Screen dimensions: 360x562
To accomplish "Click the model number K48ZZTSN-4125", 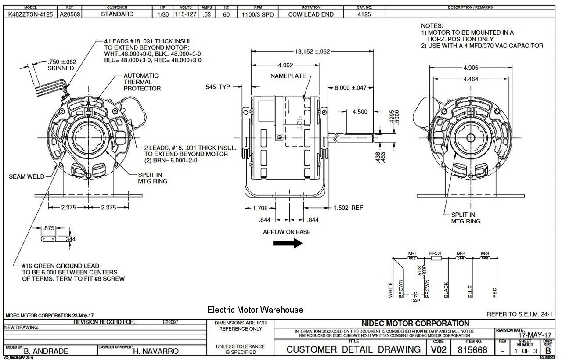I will (x=31, y=14).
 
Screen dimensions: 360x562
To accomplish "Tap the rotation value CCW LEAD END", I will (x=311, y=14).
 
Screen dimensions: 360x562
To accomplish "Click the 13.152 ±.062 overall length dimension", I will (x=312, y=51).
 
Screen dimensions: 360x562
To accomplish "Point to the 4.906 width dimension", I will (x=471, y=68).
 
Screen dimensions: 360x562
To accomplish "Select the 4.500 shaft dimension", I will (x=360, y=112).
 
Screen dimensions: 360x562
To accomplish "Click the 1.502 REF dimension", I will (x=348, y=208).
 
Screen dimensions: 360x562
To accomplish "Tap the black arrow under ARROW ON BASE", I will (x=288, y=243).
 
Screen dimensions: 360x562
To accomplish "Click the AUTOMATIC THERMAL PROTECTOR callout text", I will (x=142, y=82).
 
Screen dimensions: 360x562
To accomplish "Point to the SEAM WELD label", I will (x=27, y=176).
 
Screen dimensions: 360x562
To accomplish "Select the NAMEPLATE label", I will (x=288, y=76).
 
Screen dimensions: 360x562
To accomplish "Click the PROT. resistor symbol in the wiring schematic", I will (x=436, y=259).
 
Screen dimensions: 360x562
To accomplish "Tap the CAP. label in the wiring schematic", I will (x=416, y=301).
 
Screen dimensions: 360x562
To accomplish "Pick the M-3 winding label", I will (x=485, y=253).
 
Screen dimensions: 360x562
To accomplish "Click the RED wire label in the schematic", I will (x=495, y=292).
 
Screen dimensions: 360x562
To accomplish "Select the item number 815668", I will (x=472, y=349).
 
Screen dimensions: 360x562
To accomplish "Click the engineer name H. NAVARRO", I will (x=156, y=351).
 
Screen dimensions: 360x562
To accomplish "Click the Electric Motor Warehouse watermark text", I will (x=255, y=310).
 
